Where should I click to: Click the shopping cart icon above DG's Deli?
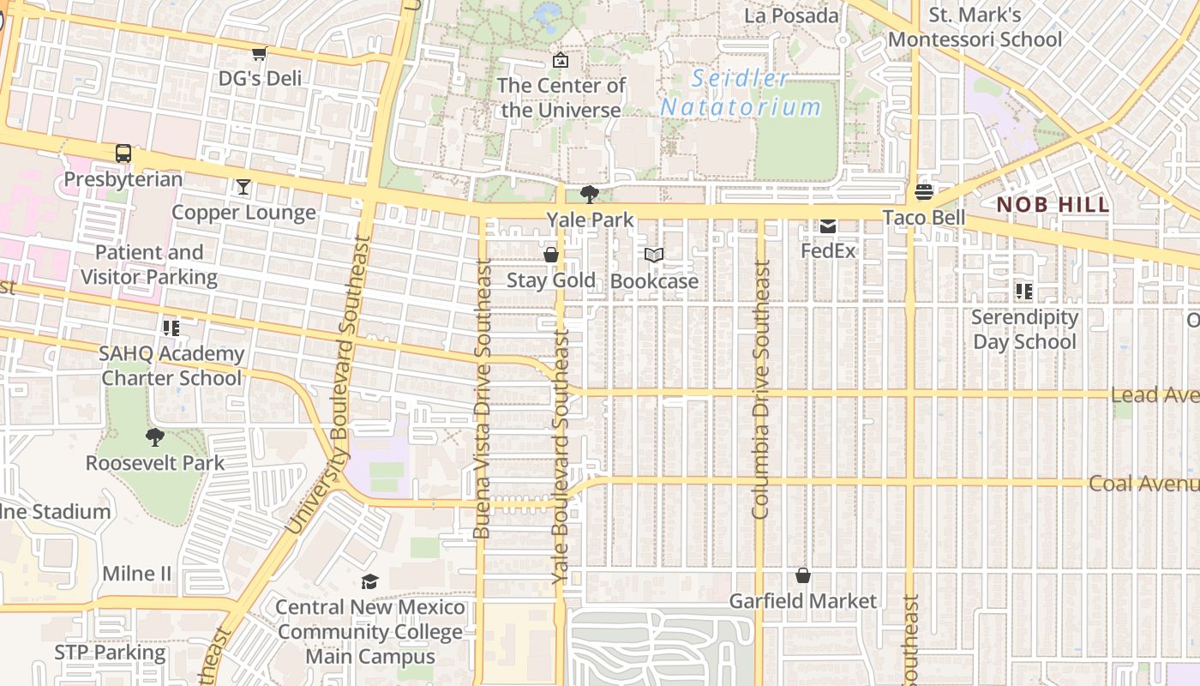tap(259, 54)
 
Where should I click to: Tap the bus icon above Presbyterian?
tap(123, 154)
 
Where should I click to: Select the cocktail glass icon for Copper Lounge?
tap(243, 187)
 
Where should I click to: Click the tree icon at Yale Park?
tap(590, 195)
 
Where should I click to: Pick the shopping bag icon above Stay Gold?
tap(551, 255)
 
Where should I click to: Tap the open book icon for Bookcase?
tap(654, 256)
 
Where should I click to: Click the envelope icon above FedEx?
tap(828, 226)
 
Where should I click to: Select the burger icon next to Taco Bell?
tap(924, 191)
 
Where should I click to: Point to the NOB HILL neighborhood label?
tap(1053, 205)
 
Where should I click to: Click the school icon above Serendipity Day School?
tap(1024, 292)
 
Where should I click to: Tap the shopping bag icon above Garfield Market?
tap(803, 575)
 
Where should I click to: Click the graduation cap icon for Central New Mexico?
tap(369, 582)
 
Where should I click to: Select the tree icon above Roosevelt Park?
tap(155, 438)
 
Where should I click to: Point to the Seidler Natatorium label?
tap(741, 93)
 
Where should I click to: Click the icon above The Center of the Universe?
tap(561, 60)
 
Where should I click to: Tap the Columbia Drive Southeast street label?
tap(760, 390)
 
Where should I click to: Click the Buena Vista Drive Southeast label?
tap(483, 399)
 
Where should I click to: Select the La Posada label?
tap(791, 15)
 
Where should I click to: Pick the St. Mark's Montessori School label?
tap(975, 27)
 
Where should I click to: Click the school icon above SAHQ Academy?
tap(171, 328)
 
